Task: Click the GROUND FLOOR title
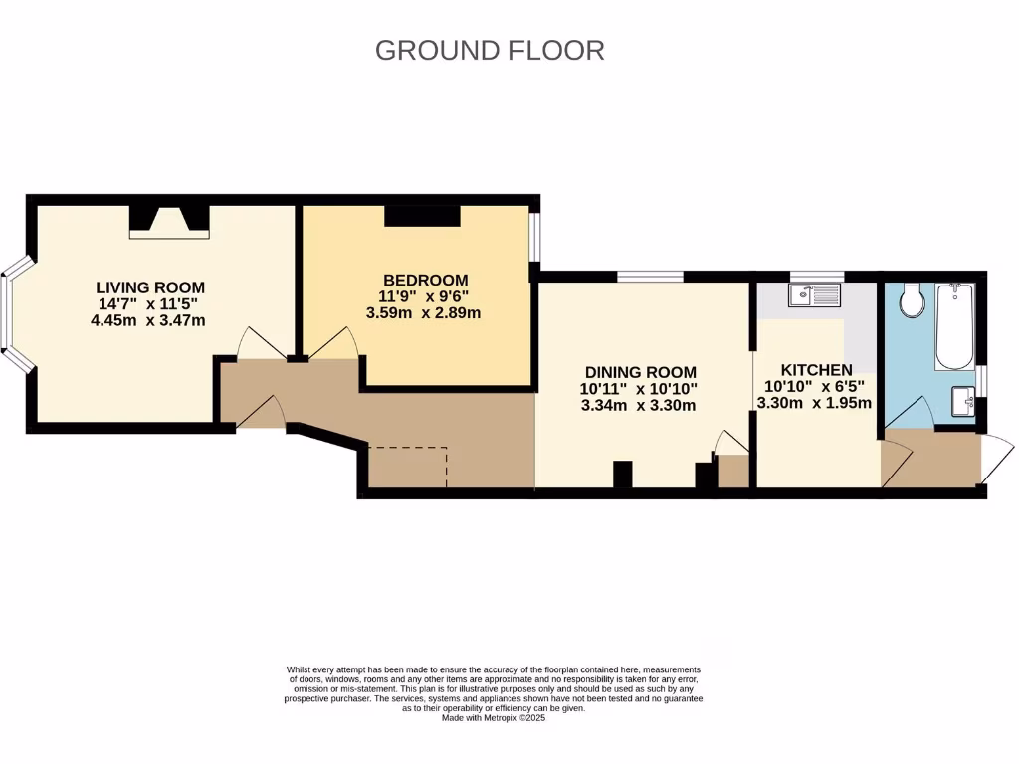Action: click(490, 50)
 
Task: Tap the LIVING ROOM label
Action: click(150, 287)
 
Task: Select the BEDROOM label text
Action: click(425, 280)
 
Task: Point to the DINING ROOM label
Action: click(640, 371)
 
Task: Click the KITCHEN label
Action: click(816, 369)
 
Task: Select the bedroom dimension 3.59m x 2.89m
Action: click(425, 312)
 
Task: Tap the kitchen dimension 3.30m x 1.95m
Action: click(814, 403)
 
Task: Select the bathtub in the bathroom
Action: click(955, 325)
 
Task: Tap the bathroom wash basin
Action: click(962, 401)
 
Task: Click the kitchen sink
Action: click(814, 294)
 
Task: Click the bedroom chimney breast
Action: click(422, 216)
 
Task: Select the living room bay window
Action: click(15, 312)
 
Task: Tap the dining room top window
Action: click(649, 276)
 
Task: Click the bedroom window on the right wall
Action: click(535, 237)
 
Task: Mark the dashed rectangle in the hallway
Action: click(407, 468)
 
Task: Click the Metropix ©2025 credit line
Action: click(494, 717)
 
